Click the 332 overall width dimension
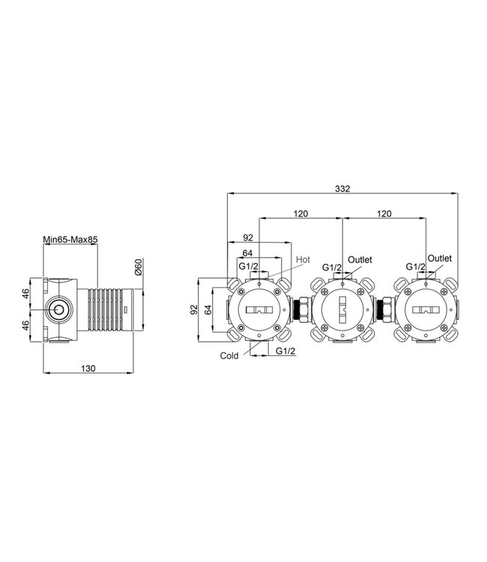pyautogui.click(x=342, y=189)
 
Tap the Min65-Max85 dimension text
pyautogui.click(x=70, y=239)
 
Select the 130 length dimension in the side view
pyautogui.click(x=88, y=368)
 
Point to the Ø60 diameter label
pyautogui.click(x=139, y=267)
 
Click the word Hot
pyautogui.click(x=303, y=259)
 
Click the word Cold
pyautogui.click(x=229, y=355)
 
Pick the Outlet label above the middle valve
pyautogui.click(x=360, y=259)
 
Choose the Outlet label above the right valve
pyautogui.click(x=440, y=258)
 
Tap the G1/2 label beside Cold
pyautogui.click(x=285, y=351)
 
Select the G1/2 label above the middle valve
pyautogui.click(x=332, y=267)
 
